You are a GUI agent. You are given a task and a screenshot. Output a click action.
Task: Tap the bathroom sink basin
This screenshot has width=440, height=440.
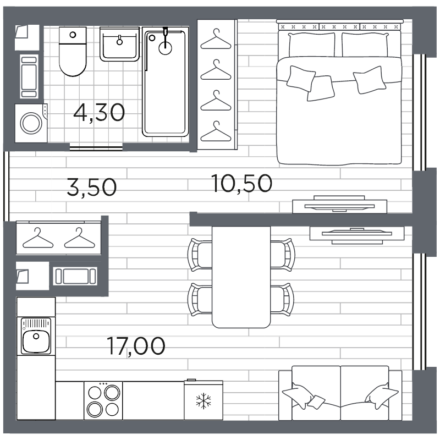point(118,45)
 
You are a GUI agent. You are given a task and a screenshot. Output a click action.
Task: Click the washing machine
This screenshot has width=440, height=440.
point(32,123)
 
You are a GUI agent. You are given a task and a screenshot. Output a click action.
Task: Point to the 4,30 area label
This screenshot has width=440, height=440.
point(99,113)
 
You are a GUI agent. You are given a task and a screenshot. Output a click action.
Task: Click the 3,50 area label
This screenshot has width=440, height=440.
point(91,187)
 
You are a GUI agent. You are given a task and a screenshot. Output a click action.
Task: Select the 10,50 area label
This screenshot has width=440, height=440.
point(241,183)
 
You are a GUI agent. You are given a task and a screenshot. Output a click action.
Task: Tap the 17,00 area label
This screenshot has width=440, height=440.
point(136,346)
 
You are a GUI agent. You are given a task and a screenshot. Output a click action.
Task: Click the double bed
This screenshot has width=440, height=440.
point(339,99)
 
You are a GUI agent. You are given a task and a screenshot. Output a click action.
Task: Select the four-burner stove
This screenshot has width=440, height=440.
point(103,400)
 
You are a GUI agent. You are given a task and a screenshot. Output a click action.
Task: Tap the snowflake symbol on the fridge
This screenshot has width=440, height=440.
point(203,400)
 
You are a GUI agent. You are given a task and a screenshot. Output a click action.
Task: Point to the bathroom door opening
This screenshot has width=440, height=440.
point(96,147)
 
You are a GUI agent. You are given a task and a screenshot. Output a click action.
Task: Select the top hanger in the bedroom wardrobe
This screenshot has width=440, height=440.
point(216,41)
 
